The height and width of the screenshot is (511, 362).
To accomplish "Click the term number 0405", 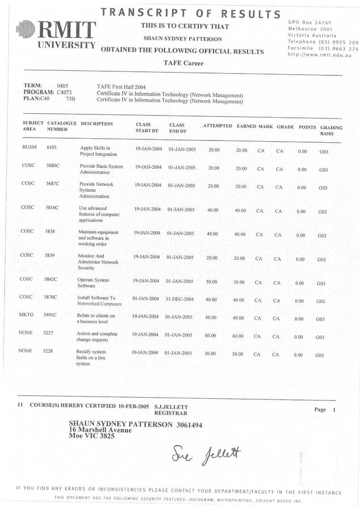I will point(63,85).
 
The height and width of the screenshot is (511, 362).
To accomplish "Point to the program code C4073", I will point(67,91).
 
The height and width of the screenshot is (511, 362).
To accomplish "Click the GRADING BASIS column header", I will point(331,131).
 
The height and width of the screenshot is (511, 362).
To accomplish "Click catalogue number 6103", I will point(52,148).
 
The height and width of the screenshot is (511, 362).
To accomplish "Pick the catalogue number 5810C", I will point(52,208).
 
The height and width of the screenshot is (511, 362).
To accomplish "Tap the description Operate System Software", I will point(93,283).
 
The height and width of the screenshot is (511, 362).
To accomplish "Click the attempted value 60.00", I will point(211,336).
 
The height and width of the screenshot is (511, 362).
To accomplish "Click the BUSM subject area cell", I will point(29,148).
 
